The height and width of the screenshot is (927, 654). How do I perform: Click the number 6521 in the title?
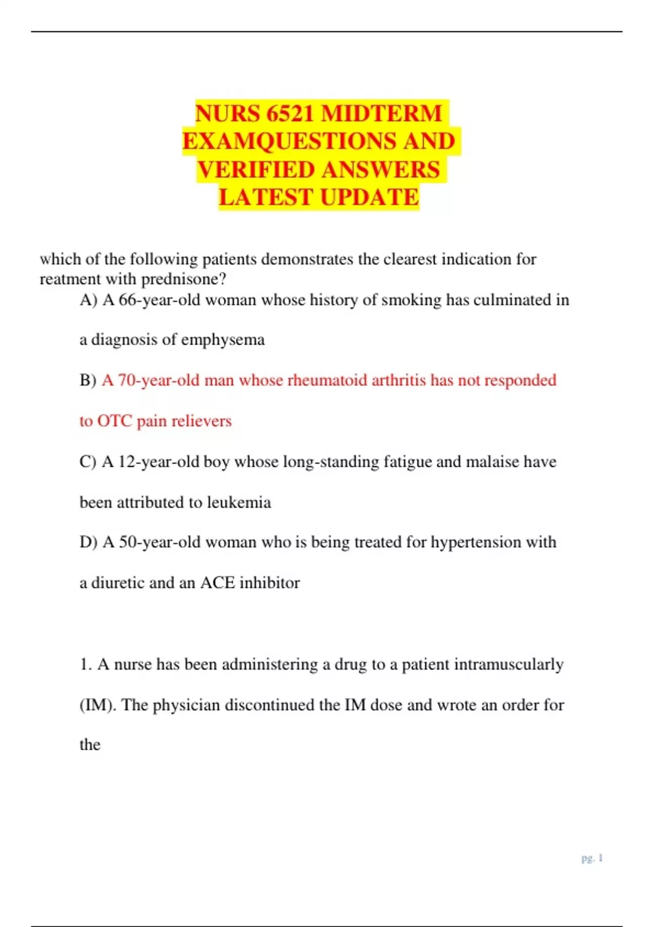coord(290,113)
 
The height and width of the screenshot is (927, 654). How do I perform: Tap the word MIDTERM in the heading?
coord(381,113)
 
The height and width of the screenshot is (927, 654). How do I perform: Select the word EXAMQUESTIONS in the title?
coord(289,141)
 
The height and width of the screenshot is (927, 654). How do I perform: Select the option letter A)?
coord(88,300)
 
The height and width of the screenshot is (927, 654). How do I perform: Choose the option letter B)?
coord(88,380)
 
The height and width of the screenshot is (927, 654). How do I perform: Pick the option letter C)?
coord(88,462)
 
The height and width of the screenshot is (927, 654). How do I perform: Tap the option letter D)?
coord(88,542)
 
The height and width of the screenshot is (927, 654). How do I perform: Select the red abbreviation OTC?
coord(114,421)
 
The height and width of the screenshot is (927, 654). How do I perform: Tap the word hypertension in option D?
coord(476,542)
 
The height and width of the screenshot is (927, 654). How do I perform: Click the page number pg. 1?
coord(592,858)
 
